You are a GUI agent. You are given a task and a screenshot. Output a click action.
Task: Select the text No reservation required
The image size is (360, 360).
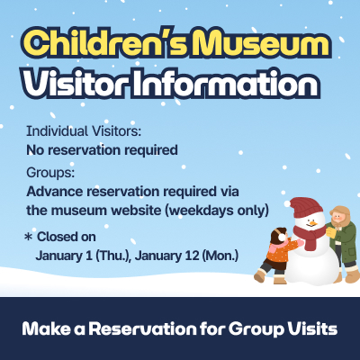(102, 148)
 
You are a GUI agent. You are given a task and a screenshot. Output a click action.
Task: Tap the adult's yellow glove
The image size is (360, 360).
(327, 232)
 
